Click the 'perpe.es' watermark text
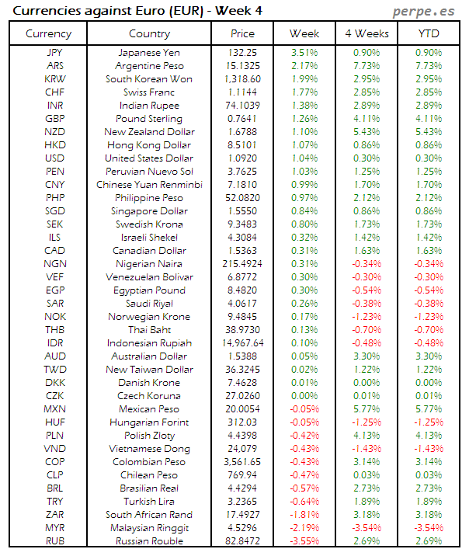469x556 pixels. pyautogui.click(x=424, y=11)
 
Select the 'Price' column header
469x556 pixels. pyautogui.click(x=242, y=33)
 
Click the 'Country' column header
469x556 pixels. pyautogui.click(x=149, y=33)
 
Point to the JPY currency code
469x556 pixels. pyautogui.click(x=55, y=53)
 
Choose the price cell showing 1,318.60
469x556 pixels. pyautogui.click(x=242, y=79)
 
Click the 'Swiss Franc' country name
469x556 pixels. pyautogui.click(x=149, y=92)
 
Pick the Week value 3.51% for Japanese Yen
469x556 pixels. pyautogui.click(x=304, y=53)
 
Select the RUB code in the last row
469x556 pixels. pyautogui.click(x=55, y=541)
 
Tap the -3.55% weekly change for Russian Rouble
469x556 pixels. pyautogui.click(x=304, y=541)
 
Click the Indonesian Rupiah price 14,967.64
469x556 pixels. pyautogui.click(x=242, y=343)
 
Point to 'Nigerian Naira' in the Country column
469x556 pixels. pyautogui.click(x=149, y=264)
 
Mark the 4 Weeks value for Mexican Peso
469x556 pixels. pyautogui.click(x=366, y=409)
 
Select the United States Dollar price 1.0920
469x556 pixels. pyautogui.click(x=242, y=158)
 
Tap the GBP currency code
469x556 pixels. pyautogui.click(x=55, y=119)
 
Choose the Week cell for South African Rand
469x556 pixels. pyautogui.click(x=304, y=515)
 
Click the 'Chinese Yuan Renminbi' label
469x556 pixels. pyautogui.click(x=149, y=185)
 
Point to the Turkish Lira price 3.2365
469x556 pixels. pyautogui.click(x=242, y=502)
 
